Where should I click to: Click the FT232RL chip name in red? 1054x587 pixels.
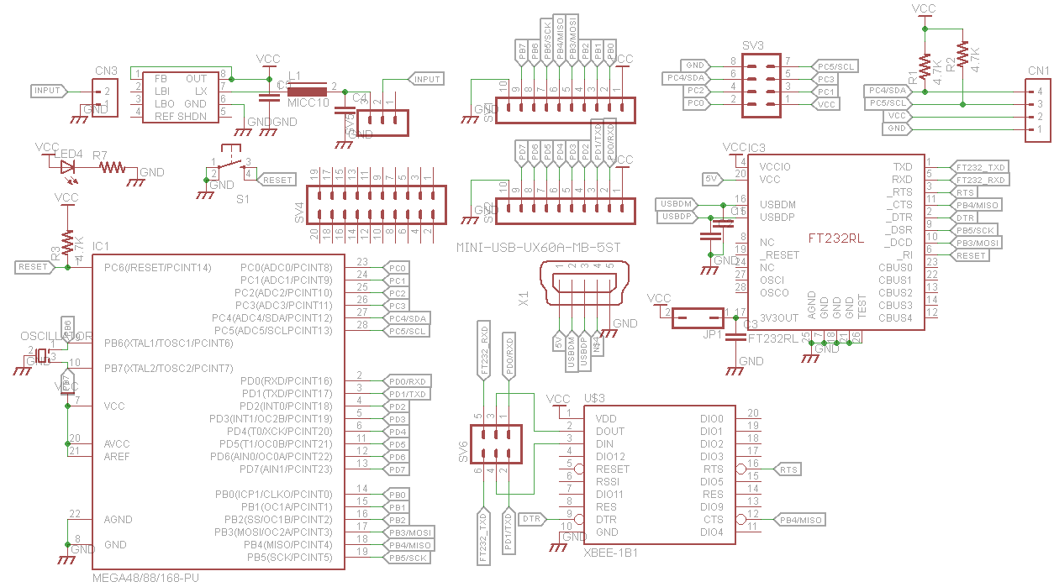click(x=835, y=238)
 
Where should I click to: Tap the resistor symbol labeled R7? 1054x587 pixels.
click(x=112, y=169)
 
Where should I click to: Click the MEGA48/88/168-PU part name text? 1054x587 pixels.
click(x=145, y=579)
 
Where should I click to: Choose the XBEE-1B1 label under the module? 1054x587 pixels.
click(x=610, y=553)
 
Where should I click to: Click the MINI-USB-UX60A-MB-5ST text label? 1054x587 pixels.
click(x=538, y=249)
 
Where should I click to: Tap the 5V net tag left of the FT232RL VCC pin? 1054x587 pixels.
click(x=711, y=179)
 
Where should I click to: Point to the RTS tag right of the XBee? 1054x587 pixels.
click(x=787, y=469)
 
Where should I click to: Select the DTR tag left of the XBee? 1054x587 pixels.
click(x=533, y=519)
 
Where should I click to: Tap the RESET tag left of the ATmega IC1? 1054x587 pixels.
click(x=34, y=267)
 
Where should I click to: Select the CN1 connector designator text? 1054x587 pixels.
click(x=1039, y=71)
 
